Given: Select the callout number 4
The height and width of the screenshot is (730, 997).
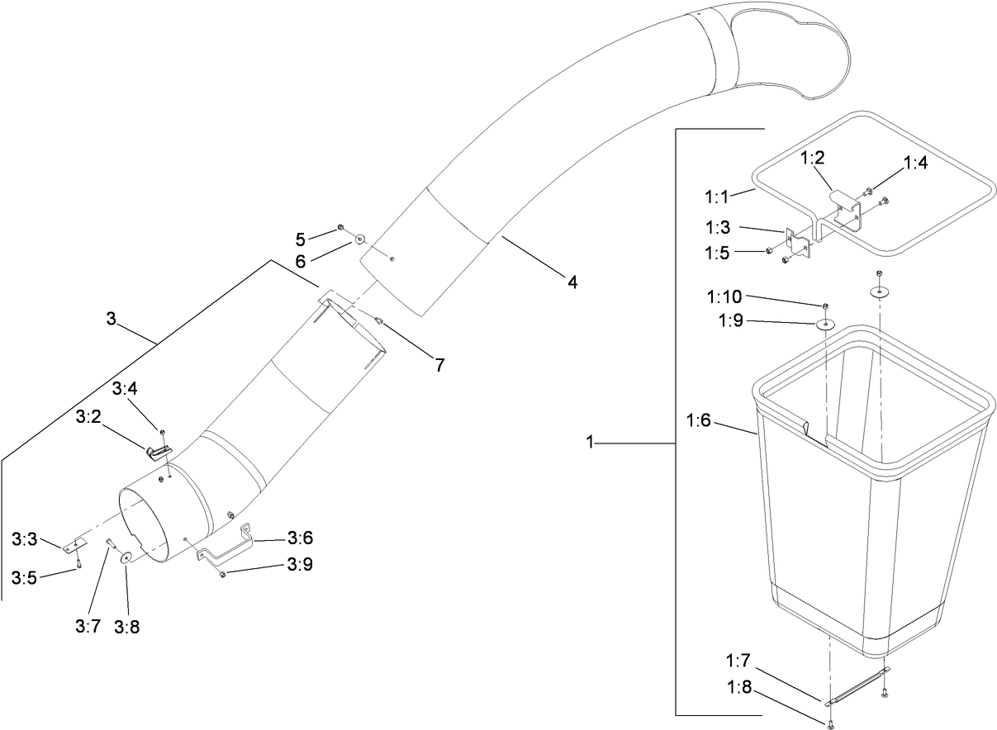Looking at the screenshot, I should pos(572,282).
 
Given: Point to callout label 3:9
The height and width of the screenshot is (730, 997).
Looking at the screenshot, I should pos(299,565).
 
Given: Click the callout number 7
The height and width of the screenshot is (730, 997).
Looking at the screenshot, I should pos(440,365).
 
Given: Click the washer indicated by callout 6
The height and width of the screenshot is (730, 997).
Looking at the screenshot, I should pos(360,239).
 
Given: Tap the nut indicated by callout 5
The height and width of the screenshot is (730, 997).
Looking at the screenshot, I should pos(340,228).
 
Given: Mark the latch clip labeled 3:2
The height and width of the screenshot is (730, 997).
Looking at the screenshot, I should pos(158,450).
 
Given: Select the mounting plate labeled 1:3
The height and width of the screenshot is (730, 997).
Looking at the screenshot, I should pos(798,244).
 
